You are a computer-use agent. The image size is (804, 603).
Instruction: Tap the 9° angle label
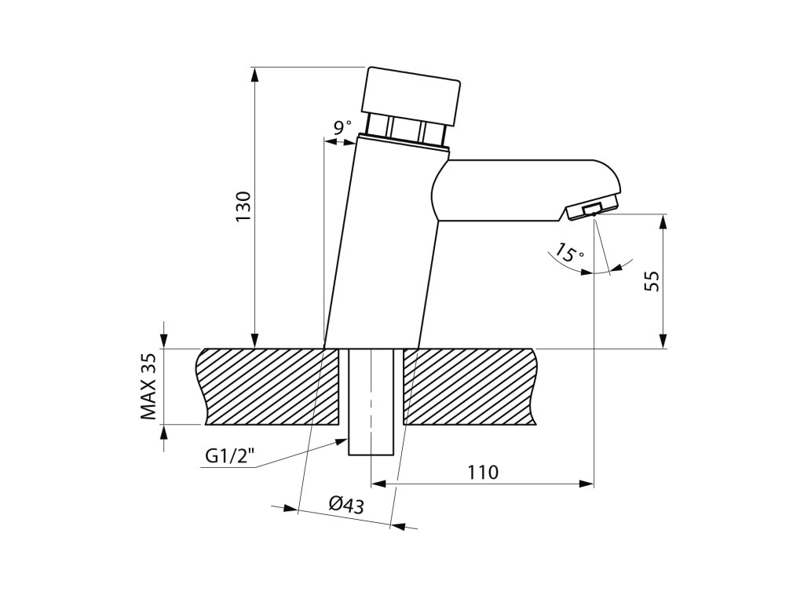click(343, 127)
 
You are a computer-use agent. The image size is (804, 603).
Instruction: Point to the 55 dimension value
click(652, 281)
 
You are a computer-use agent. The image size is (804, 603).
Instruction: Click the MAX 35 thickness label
click(148, 386)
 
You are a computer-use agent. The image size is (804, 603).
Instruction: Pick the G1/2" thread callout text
click(230, 455)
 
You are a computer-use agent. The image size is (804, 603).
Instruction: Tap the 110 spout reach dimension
click(483, 472)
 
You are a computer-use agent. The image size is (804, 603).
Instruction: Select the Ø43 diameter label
click(346, 505)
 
